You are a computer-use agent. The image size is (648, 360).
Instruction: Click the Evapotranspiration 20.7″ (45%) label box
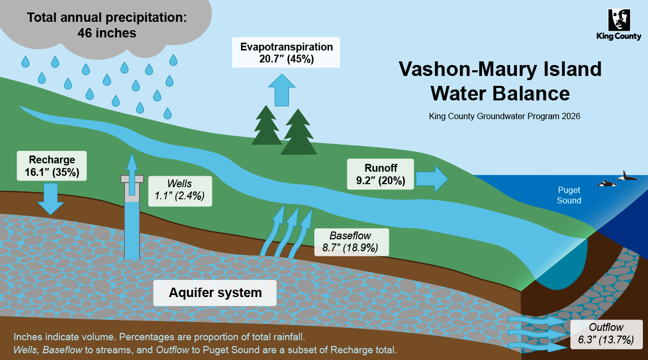point(286,53)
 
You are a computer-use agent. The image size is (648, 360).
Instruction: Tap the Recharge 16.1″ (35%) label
point(52,166)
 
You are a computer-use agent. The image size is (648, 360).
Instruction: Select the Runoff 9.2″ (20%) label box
point(380,174)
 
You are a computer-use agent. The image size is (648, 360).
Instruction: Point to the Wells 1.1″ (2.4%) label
point(180,190)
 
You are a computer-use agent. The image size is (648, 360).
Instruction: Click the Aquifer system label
point(215,292)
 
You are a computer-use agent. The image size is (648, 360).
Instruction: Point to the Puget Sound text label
point(569,195)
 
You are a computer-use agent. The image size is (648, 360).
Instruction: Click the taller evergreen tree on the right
point(298,132)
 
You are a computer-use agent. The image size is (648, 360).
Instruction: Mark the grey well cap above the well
point(132,178)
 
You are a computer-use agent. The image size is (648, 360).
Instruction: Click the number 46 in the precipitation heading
point(85,33)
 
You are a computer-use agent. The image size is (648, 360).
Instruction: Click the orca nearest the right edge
point(627,176)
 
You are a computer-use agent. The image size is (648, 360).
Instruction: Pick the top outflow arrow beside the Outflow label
point(529,320)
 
